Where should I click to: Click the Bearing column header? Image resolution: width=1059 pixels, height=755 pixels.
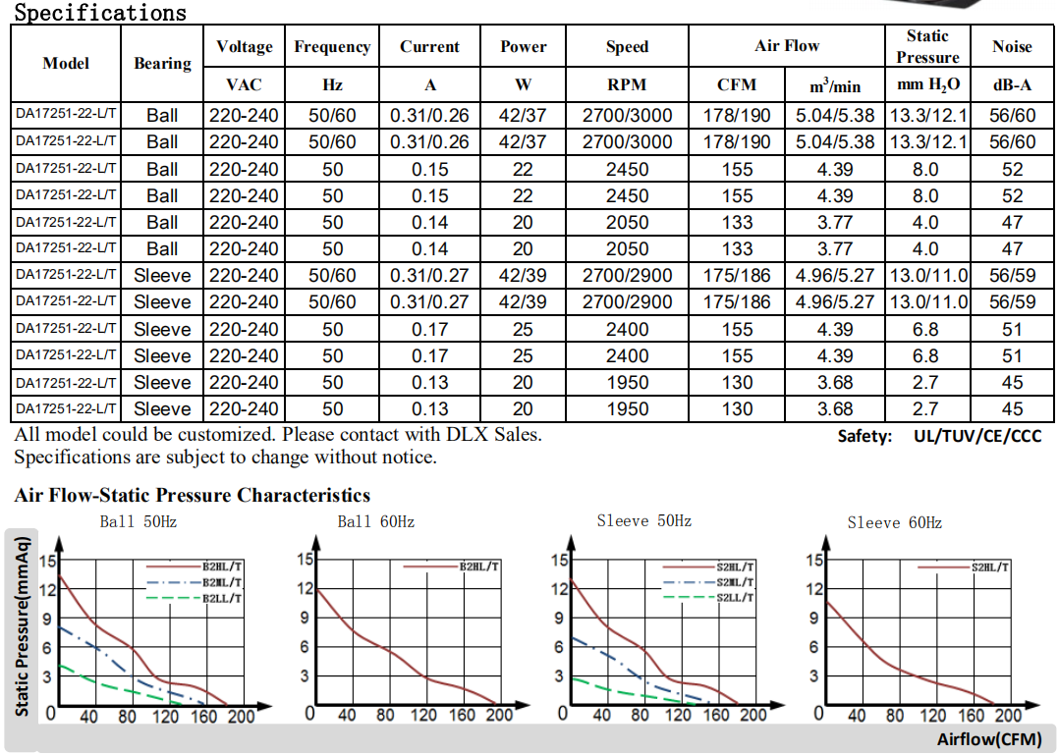(162, 63)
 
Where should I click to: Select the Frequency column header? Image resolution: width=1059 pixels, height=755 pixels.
(332, 46)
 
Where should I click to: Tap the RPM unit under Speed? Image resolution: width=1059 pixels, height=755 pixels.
(627, 84)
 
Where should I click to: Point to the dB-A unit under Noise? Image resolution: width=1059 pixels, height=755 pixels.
(1012, 84)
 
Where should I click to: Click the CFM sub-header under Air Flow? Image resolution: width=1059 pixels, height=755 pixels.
(737, 84)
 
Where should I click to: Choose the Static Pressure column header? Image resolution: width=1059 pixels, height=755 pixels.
(927, 46)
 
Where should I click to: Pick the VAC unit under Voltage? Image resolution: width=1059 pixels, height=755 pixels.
(244, 84)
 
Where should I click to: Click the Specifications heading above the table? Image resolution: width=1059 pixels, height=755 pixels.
(100, 13)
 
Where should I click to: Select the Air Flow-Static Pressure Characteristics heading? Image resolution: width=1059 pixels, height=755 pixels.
(193, 495)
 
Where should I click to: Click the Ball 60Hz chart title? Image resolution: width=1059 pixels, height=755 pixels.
(375, 521)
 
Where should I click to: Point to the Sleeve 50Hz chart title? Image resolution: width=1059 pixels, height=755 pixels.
(643, 520)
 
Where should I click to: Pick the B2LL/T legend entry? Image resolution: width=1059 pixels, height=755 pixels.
(222, 597)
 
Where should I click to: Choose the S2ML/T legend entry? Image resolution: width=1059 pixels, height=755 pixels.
(735, 582)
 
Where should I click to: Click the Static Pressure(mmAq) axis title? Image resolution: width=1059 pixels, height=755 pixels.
(23, 624)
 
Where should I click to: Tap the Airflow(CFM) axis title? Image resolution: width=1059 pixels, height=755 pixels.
(988, 739)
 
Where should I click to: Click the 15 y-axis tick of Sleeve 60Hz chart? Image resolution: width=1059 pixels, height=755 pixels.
(814, 561)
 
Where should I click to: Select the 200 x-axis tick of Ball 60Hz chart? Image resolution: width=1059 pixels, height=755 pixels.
(499, 715)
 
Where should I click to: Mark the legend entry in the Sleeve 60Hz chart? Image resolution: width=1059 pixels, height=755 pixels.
(990, 566)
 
